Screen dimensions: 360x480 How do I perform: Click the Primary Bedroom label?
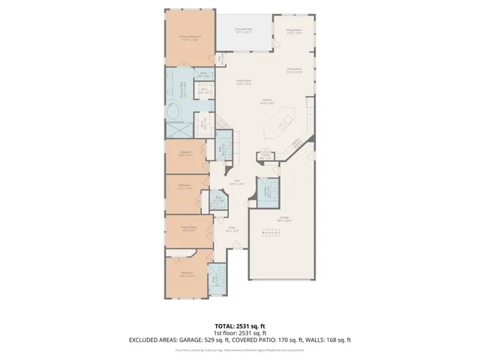[188, 37]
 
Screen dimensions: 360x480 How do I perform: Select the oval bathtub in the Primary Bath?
[175, 115]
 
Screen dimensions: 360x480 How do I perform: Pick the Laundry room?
[266, 191]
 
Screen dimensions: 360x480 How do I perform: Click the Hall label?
[236, 182]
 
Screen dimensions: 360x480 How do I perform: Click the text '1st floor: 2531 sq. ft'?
[239, 332]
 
